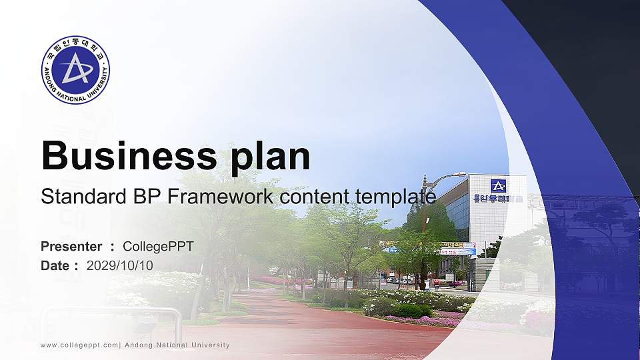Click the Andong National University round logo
pos(75,70)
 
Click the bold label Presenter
pos(71,247)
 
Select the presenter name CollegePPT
pos(158,247)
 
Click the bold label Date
pos(55,265)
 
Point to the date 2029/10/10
pos(119,265)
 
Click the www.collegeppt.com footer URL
pos(79,345)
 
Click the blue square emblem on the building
pos(498,185)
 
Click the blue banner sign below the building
pos(458,251)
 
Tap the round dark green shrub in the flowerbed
pos(408,311)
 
